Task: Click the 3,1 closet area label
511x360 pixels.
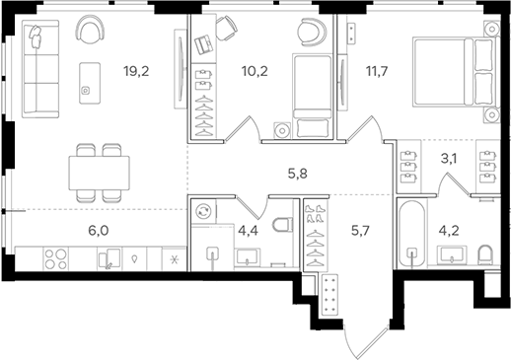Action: [x=448, y=153]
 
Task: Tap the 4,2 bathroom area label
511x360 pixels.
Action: [x=448, y=235]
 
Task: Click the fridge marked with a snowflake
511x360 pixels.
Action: [x=174, y=258]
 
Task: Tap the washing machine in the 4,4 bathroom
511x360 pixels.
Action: [x=204, y=211]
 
